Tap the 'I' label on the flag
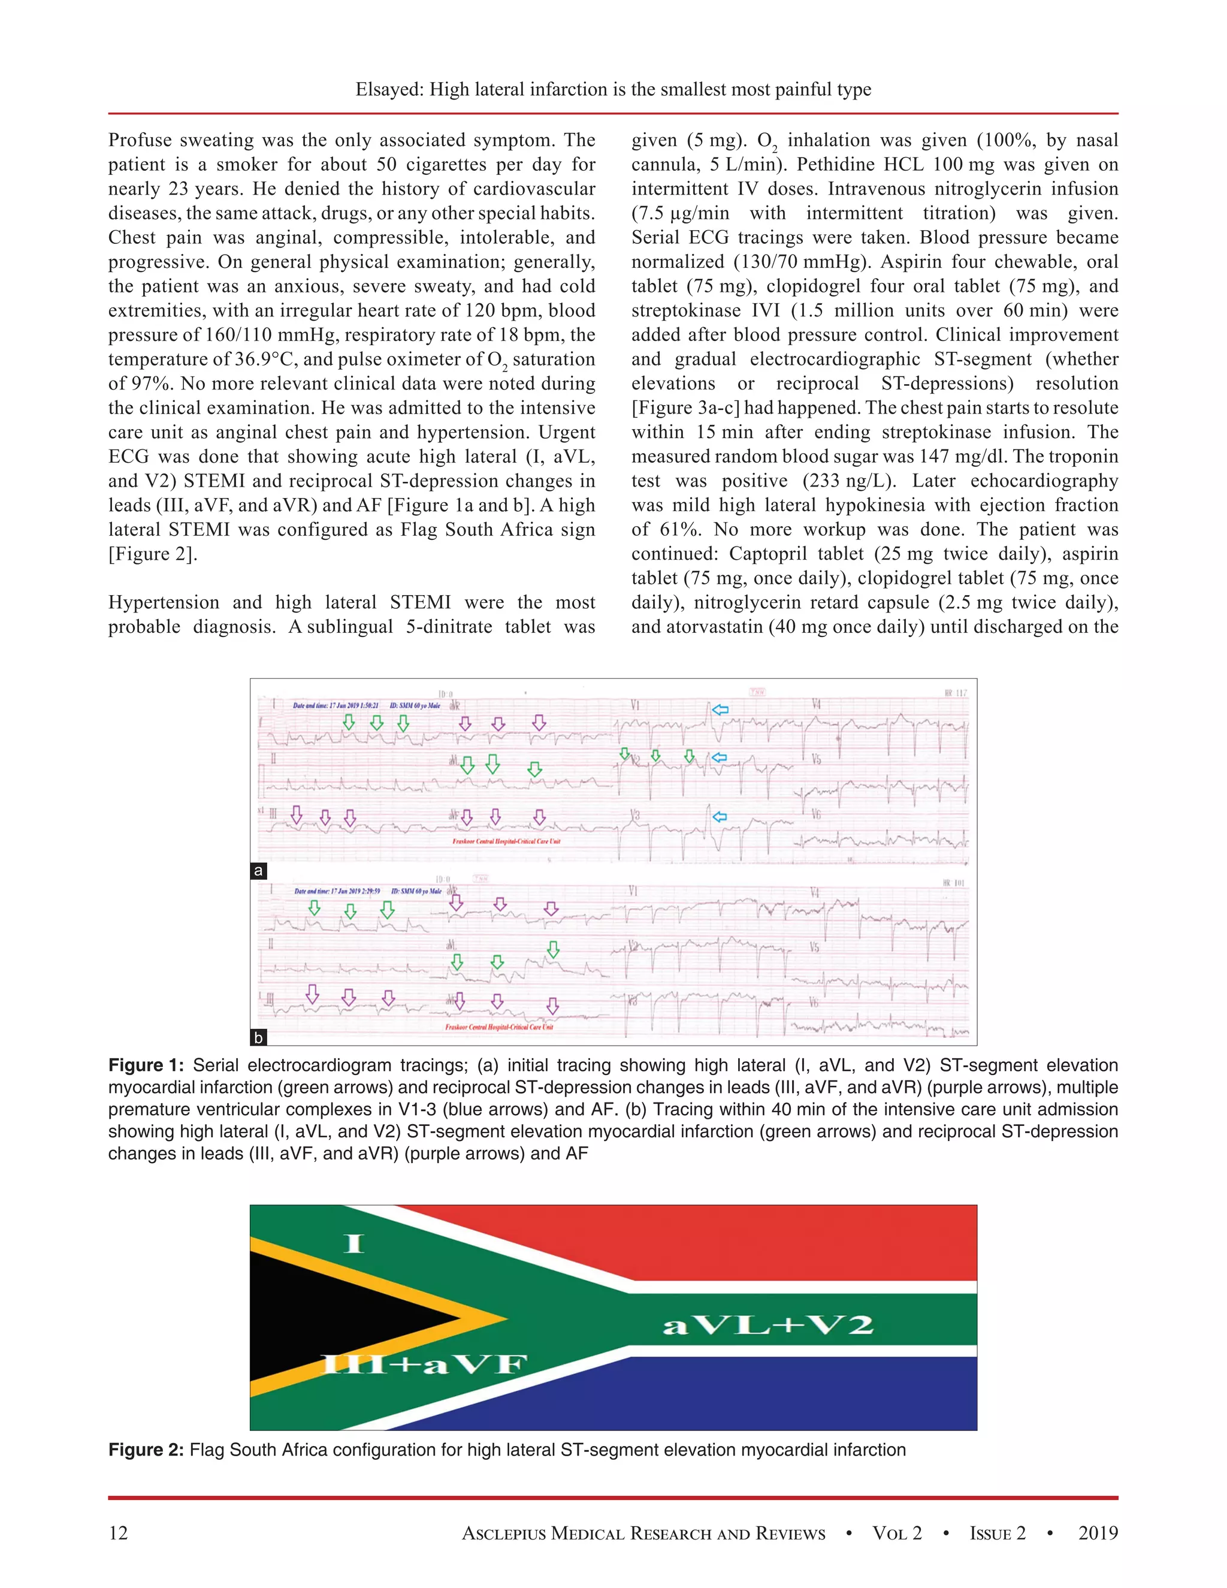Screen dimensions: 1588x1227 (x=354, y=1243)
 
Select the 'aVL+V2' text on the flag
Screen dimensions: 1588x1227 (x=767, y=1325)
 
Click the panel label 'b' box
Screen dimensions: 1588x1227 (x=258, y=1037)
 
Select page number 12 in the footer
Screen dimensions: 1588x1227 (x=118, y=1533)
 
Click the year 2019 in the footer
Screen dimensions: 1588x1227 (x=1098, y=1533)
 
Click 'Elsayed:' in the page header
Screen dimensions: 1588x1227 (x=389, y=89)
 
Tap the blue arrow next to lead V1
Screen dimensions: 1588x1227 (x=720, y=710)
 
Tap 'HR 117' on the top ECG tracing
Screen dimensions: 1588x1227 (x=955, y=693)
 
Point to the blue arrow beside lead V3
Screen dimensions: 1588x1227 (x=720, y=817)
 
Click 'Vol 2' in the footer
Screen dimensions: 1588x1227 (x=896, y=1533)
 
